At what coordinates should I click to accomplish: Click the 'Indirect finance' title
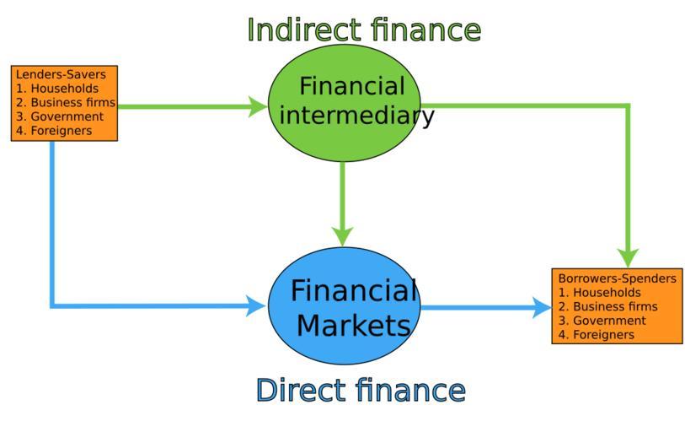pos(363,30)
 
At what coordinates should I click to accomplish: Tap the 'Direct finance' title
pos(360,391)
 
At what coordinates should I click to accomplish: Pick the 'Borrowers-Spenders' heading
pos(617,278)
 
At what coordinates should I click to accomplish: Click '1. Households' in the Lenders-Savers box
pos(56,89)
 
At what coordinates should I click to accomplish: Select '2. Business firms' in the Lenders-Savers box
pos(66,103)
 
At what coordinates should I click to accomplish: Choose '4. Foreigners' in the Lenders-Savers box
pos(54,131)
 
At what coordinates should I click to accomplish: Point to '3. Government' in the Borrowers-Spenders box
pos(602,321)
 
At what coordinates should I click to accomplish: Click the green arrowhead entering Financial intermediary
pos(257,106)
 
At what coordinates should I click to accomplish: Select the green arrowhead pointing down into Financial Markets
pos(342,235)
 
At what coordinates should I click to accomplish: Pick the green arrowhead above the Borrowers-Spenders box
pos(628,256)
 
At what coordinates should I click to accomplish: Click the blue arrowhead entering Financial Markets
pos(256,305)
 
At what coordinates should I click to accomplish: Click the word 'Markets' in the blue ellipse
pos(353,325)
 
